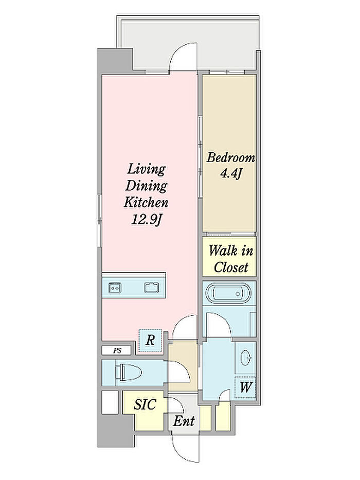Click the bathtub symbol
pyautogui.click(x=229, y=293)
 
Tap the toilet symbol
pyautogui.click(x=129, y=372)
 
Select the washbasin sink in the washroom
pyautogui.click(x=246, y=358)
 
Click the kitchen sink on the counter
pyautogui.click(x=152, y=288)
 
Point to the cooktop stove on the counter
pyautogui.click(x=115, y=288)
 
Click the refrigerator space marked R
pyautogui.click(x=150, y=341)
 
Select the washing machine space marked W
pyautogui.click(x=245, y=387)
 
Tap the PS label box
pyautogui.click(x=117, y=350)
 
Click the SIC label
pyautogui.click(x=145, y=405)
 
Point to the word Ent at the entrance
pyautogui.click(x=184, y=421)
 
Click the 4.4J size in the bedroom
pyautogui.click(x=231, y=174)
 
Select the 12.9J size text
pyautogui.click(x=147, y=220)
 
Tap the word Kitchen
pyautogui.click(x=146, y=202)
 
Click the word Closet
pyautogui.click(x=231, y=267)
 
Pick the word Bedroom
pyautogui.click(x=230, y=157)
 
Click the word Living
pyautogui.click(x=147, y=169)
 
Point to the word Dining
pyautogui.click(x=147, y=186)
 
